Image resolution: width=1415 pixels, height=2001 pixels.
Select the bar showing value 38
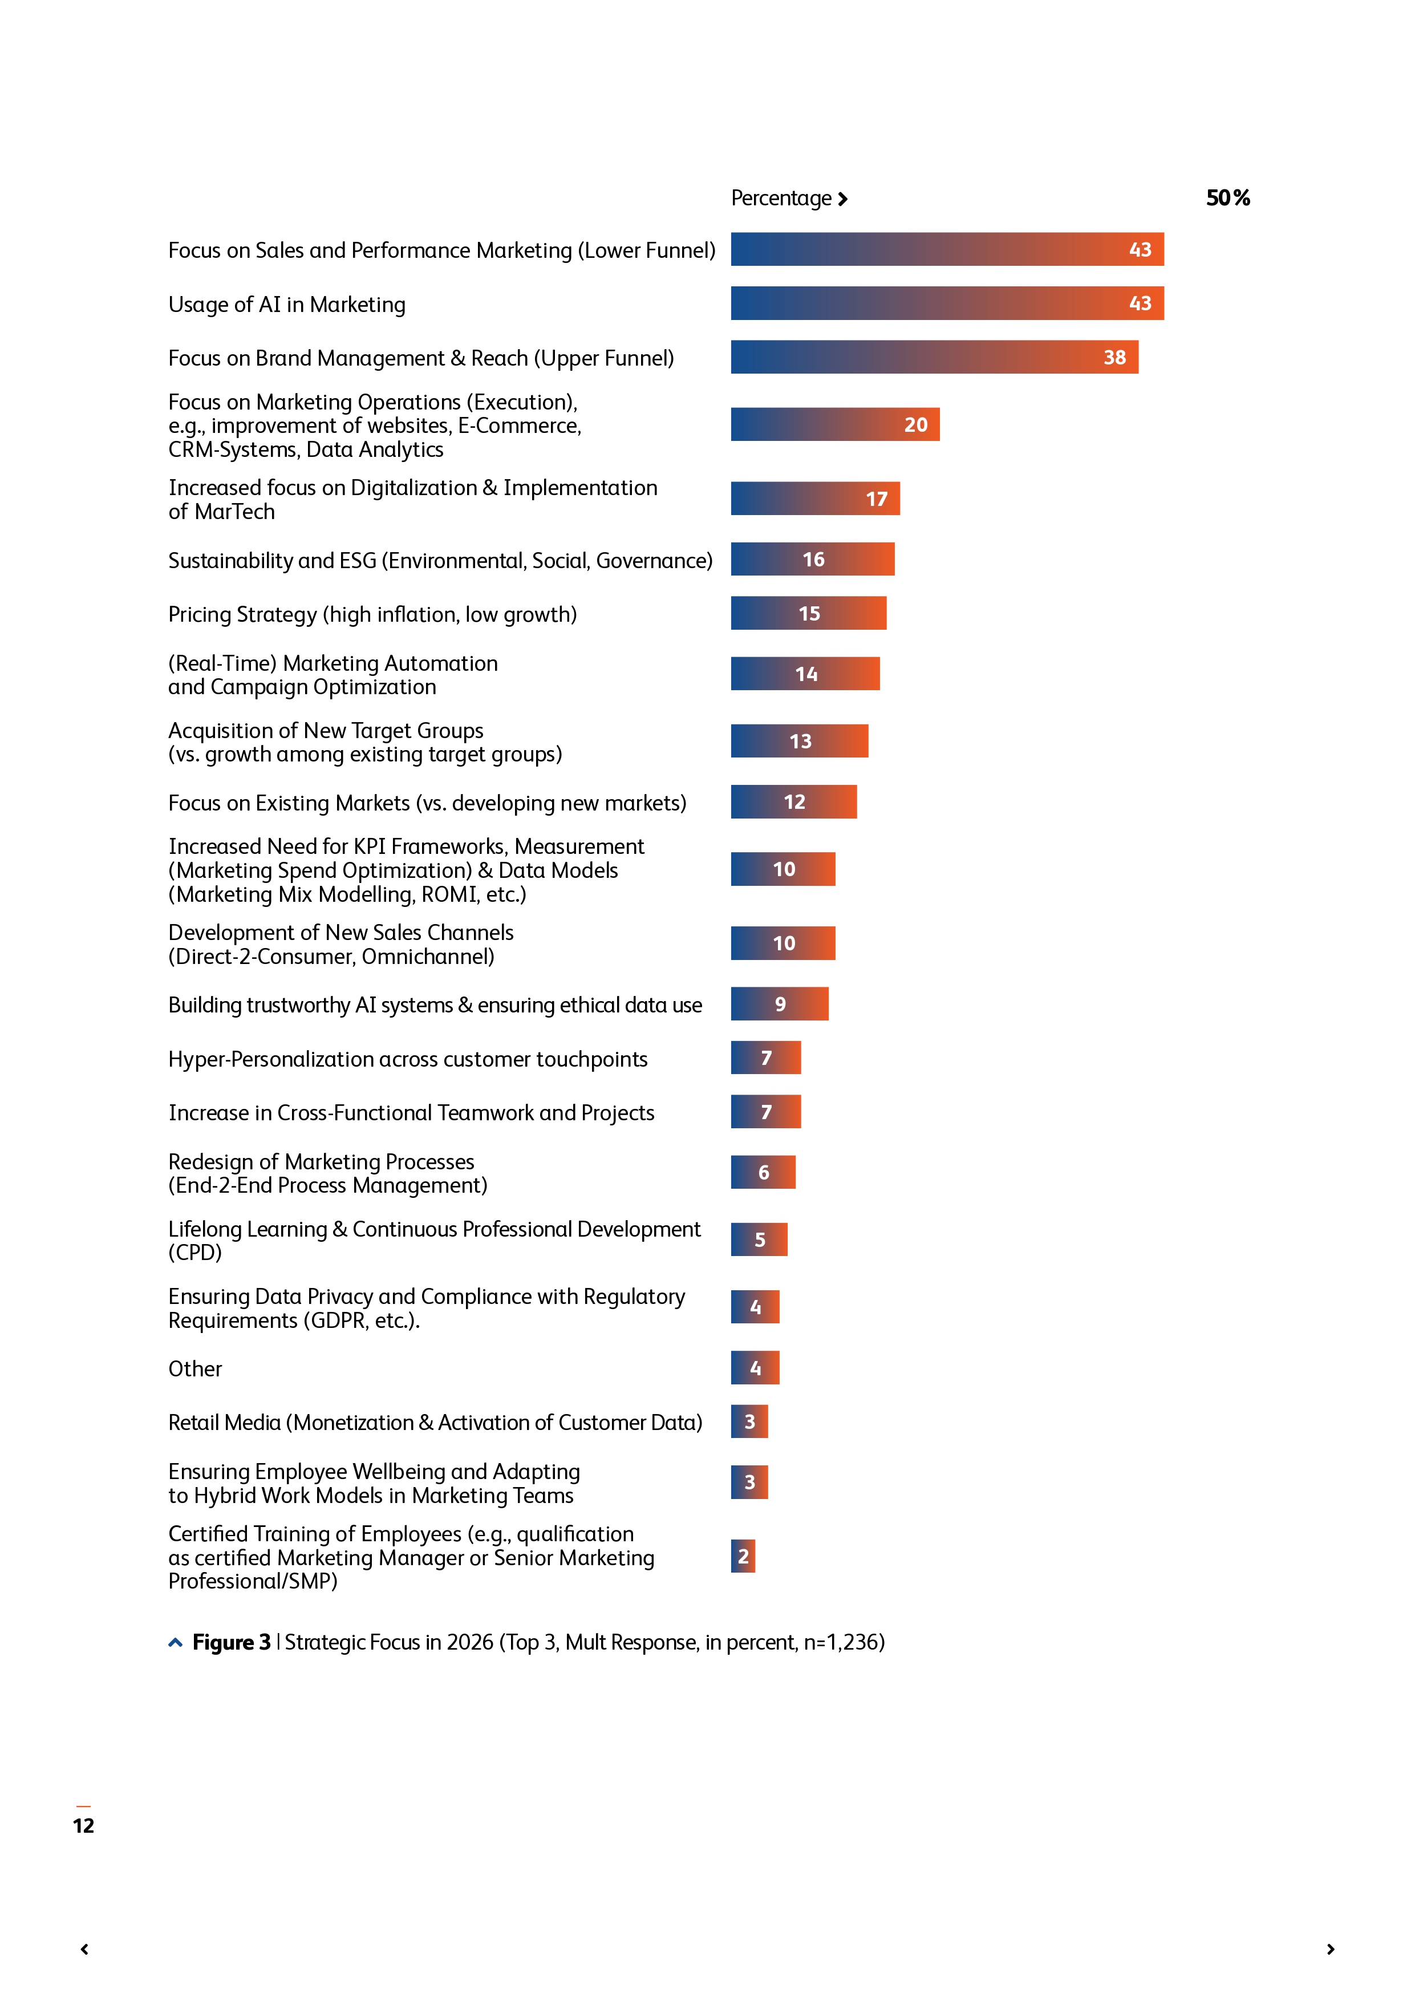point(934,357)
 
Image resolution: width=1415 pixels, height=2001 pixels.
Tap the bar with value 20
point(835,424)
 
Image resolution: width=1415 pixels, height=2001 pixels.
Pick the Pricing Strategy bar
point(808,614)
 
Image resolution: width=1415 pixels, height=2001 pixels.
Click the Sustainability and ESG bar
point(812,560)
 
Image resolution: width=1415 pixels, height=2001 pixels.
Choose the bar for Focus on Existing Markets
point(793,802)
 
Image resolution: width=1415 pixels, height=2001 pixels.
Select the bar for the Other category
point(755,1368)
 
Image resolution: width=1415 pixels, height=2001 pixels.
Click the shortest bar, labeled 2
point(743,1557)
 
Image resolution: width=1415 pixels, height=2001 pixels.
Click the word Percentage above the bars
point(781,199)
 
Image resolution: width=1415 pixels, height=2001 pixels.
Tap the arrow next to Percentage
point(842,200)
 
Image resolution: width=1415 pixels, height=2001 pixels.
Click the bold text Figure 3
point(231,1643)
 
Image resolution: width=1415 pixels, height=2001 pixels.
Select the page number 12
point(84,1826)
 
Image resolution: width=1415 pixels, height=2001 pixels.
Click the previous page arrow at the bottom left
point(84,1950)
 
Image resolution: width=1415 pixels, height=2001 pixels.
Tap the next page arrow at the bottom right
point(1331,1950)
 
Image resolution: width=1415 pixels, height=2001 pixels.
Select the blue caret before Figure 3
point(175,1643)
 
